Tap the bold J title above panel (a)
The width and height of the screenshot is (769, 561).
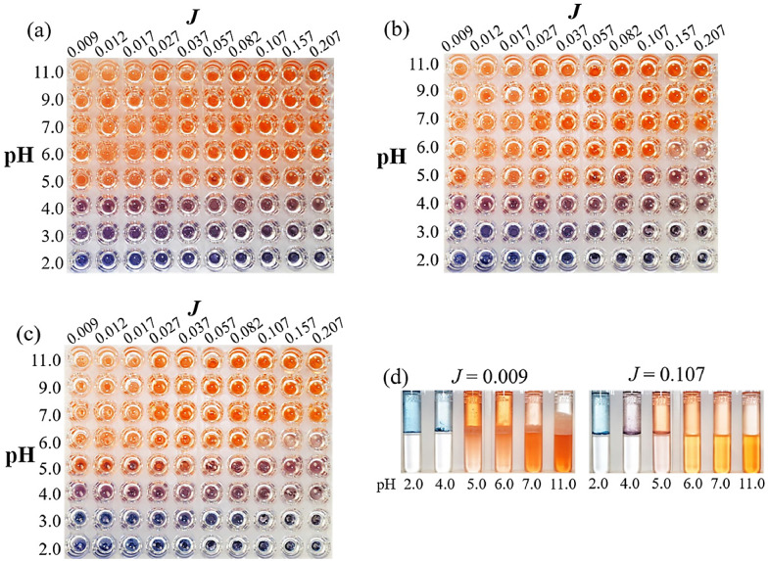point(183,11)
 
